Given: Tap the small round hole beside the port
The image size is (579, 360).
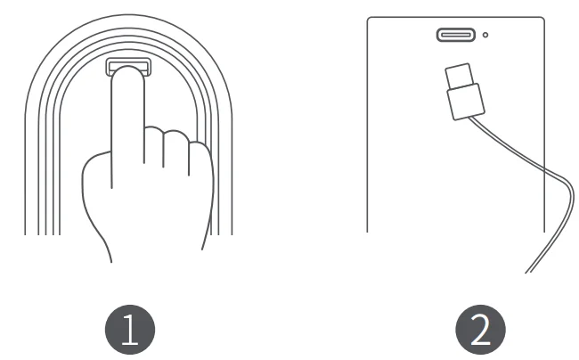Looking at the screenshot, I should pos(485,36).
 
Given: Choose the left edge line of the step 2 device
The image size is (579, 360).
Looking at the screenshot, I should pos(367,134).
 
